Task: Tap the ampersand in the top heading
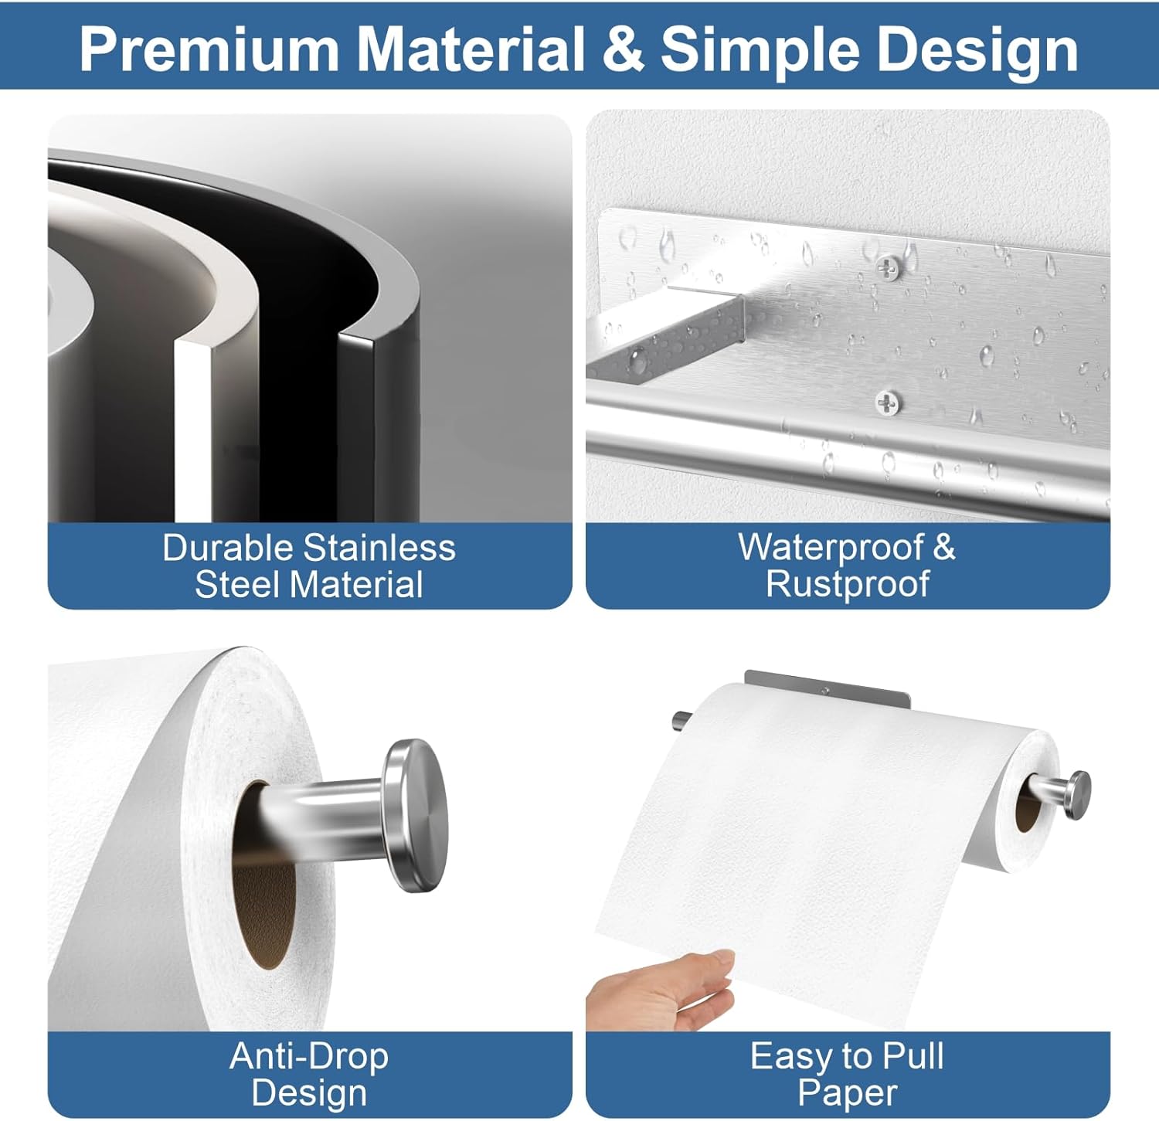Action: (x=624, y=49)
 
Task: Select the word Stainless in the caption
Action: (x=379, y=548)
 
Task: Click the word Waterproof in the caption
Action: (x=831, y=548)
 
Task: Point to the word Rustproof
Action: (x=848, y=584)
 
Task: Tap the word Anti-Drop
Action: (x=309, y=1056)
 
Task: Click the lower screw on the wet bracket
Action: (x=887, y=402)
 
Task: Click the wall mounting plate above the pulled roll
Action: (x=827, y=688)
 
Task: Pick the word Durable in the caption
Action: (x=229, y=548)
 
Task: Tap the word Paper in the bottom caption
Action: (x=847, y=1093)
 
